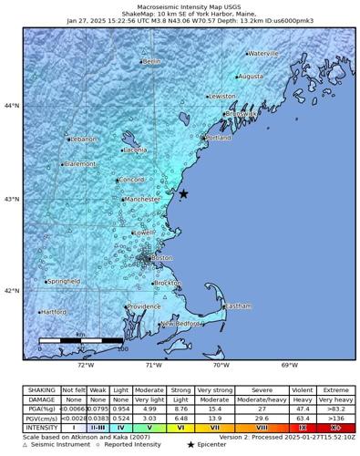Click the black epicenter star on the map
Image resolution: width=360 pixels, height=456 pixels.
click(183, 193)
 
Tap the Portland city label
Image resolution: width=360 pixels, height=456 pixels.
click(219, 138)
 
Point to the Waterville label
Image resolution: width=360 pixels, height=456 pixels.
click(263, 54)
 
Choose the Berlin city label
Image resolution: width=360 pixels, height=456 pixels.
click(151, 61)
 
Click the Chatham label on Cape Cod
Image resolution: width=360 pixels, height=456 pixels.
click(238, 306)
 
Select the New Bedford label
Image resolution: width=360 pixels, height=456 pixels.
click(180, 324)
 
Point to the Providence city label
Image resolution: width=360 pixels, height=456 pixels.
click(144, 306)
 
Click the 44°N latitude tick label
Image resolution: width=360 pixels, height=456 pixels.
click(13, 106)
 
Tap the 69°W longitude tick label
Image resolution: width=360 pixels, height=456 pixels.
click(290, 366)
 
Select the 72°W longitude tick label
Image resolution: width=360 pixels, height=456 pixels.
click(86, 366)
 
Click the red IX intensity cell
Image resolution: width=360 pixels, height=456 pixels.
click(302, 426)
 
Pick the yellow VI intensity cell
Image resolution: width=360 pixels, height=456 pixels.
click(180, 426)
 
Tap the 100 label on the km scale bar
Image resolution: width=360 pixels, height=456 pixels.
click(122, 348)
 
